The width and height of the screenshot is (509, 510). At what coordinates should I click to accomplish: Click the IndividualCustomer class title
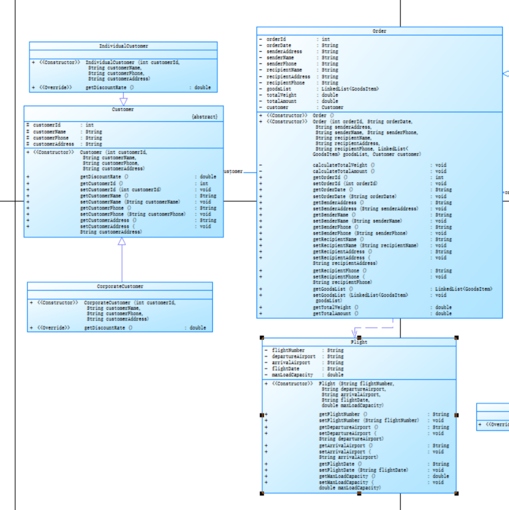coord(123,46)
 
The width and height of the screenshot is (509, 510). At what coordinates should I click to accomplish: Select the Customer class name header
coord(123,110)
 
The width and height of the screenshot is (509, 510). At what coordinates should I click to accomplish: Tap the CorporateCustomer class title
coord(120,286)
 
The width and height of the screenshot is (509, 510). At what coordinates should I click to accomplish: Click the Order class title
coord(379,31)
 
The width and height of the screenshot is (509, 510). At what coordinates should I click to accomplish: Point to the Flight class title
coord(359,342)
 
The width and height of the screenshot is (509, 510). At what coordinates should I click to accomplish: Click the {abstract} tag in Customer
coord(204,116)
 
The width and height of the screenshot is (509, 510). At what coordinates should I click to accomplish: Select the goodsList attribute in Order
coord(279,89)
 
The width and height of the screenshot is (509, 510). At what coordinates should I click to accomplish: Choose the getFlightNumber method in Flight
coord(339,414)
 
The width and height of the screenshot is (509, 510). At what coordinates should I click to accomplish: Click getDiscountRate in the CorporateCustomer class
coord(104,328)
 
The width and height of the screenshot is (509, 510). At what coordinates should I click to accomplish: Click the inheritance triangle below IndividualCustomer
coord(123,100)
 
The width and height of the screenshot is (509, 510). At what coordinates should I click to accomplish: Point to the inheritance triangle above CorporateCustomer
coord(122,242)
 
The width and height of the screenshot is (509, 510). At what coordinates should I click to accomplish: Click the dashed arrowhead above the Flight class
coord(355,333)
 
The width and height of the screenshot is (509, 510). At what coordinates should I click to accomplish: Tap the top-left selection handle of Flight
coord(262,338)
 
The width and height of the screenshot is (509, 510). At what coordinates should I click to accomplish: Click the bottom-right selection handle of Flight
coord(456,493)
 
